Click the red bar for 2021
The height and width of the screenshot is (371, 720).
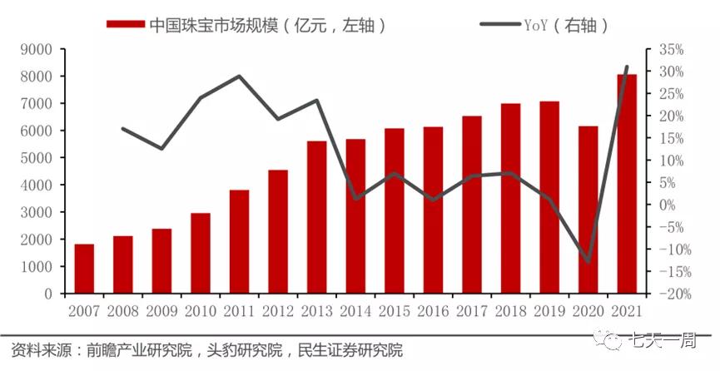(x=627, y=184)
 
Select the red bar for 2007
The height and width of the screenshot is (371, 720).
(x=84, y=269)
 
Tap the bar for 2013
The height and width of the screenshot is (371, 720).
(x=316, y=217)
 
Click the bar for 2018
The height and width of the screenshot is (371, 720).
(x=510, y=198)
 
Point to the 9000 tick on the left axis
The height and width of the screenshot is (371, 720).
(x=37, y=49)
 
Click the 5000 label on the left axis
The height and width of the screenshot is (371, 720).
(x=37, y=158)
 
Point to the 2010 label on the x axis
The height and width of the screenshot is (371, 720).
(x=201, y=311)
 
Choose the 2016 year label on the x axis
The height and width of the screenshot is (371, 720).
(x=433, y=311)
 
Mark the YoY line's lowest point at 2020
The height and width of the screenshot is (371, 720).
(x=588, y=261)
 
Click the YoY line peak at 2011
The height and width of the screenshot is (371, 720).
(x=240, y=77)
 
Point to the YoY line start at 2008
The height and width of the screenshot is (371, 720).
(x=123, y=129)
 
